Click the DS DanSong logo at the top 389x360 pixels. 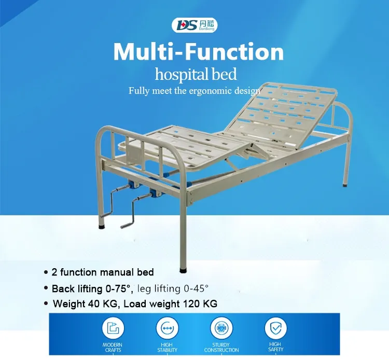pyautogui.click(x=194, y=24)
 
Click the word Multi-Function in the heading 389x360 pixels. pyautogui.click(x=199, y=52)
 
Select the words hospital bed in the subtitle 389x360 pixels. pyautogui.click(x=199, y=74)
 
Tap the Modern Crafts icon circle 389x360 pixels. pyautogui.click(x=112, y=328)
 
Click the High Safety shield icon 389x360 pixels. pyautogui.click(x=275, y=328)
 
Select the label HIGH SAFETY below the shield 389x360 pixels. pyautogui.click(x=275, y=347)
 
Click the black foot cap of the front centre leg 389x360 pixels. pyautogui.click(x=183, y=270)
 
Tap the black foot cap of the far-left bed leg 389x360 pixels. pyautogui.click(x=102, y=227)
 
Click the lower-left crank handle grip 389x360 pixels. pyautogui.click(x=127, y=225)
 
